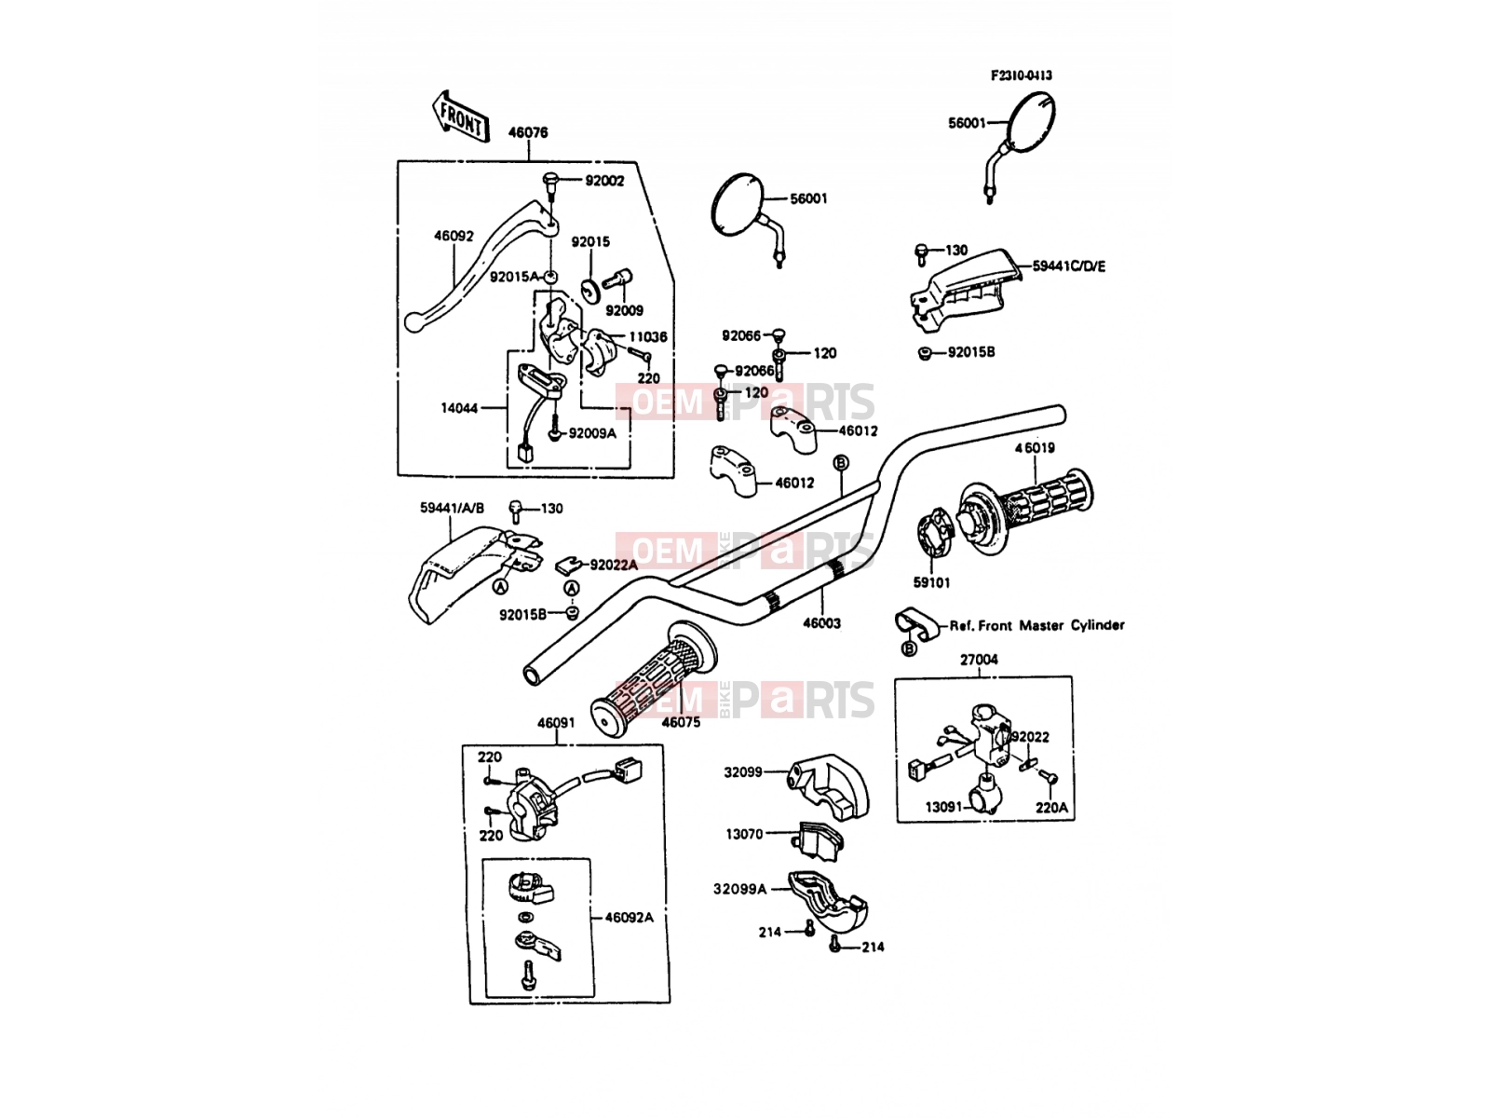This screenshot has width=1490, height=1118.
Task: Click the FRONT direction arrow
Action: coord(461,117)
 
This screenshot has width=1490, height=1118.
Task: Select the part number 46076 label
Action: coord(527,132)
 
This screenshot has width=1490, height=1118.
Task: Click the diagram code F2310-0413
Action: coord(1021,75)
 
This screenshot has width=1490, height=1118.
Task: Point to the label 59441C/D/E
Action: coord(1068,266)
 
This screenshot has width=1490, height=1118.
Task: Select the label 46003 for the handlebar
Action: coord(821,622)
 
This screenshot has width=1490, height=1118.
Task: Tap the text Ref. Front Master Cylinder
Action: coord(1036,625)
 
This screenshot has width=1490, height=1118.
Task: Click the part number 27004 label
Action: coord(979,659)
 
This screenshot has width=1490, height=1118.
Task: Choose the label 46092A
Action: coord(629,917)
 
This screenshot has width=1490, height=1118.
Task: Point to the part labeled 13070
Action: coord(818,841)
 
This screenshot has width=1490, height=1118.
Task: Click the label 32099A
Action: coord(739,889)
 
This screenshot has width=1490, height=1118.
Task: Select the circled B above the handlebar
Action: coord(840,462)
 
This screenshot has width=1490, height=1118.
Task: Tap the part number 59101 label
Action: coord(931,582)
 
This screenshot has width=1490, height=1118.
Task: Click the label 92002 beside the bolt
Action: coord(604,181)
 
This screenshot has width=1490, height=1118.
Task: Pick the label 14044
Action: coord(459,408)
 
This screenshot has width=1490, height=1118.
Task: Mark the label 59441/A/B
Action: coord(452,508)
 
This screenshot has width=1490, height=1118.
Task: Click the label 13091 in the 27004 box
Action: coord(944,807)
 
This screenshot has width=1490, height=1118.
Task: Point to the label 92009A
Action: coord(592,433)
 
